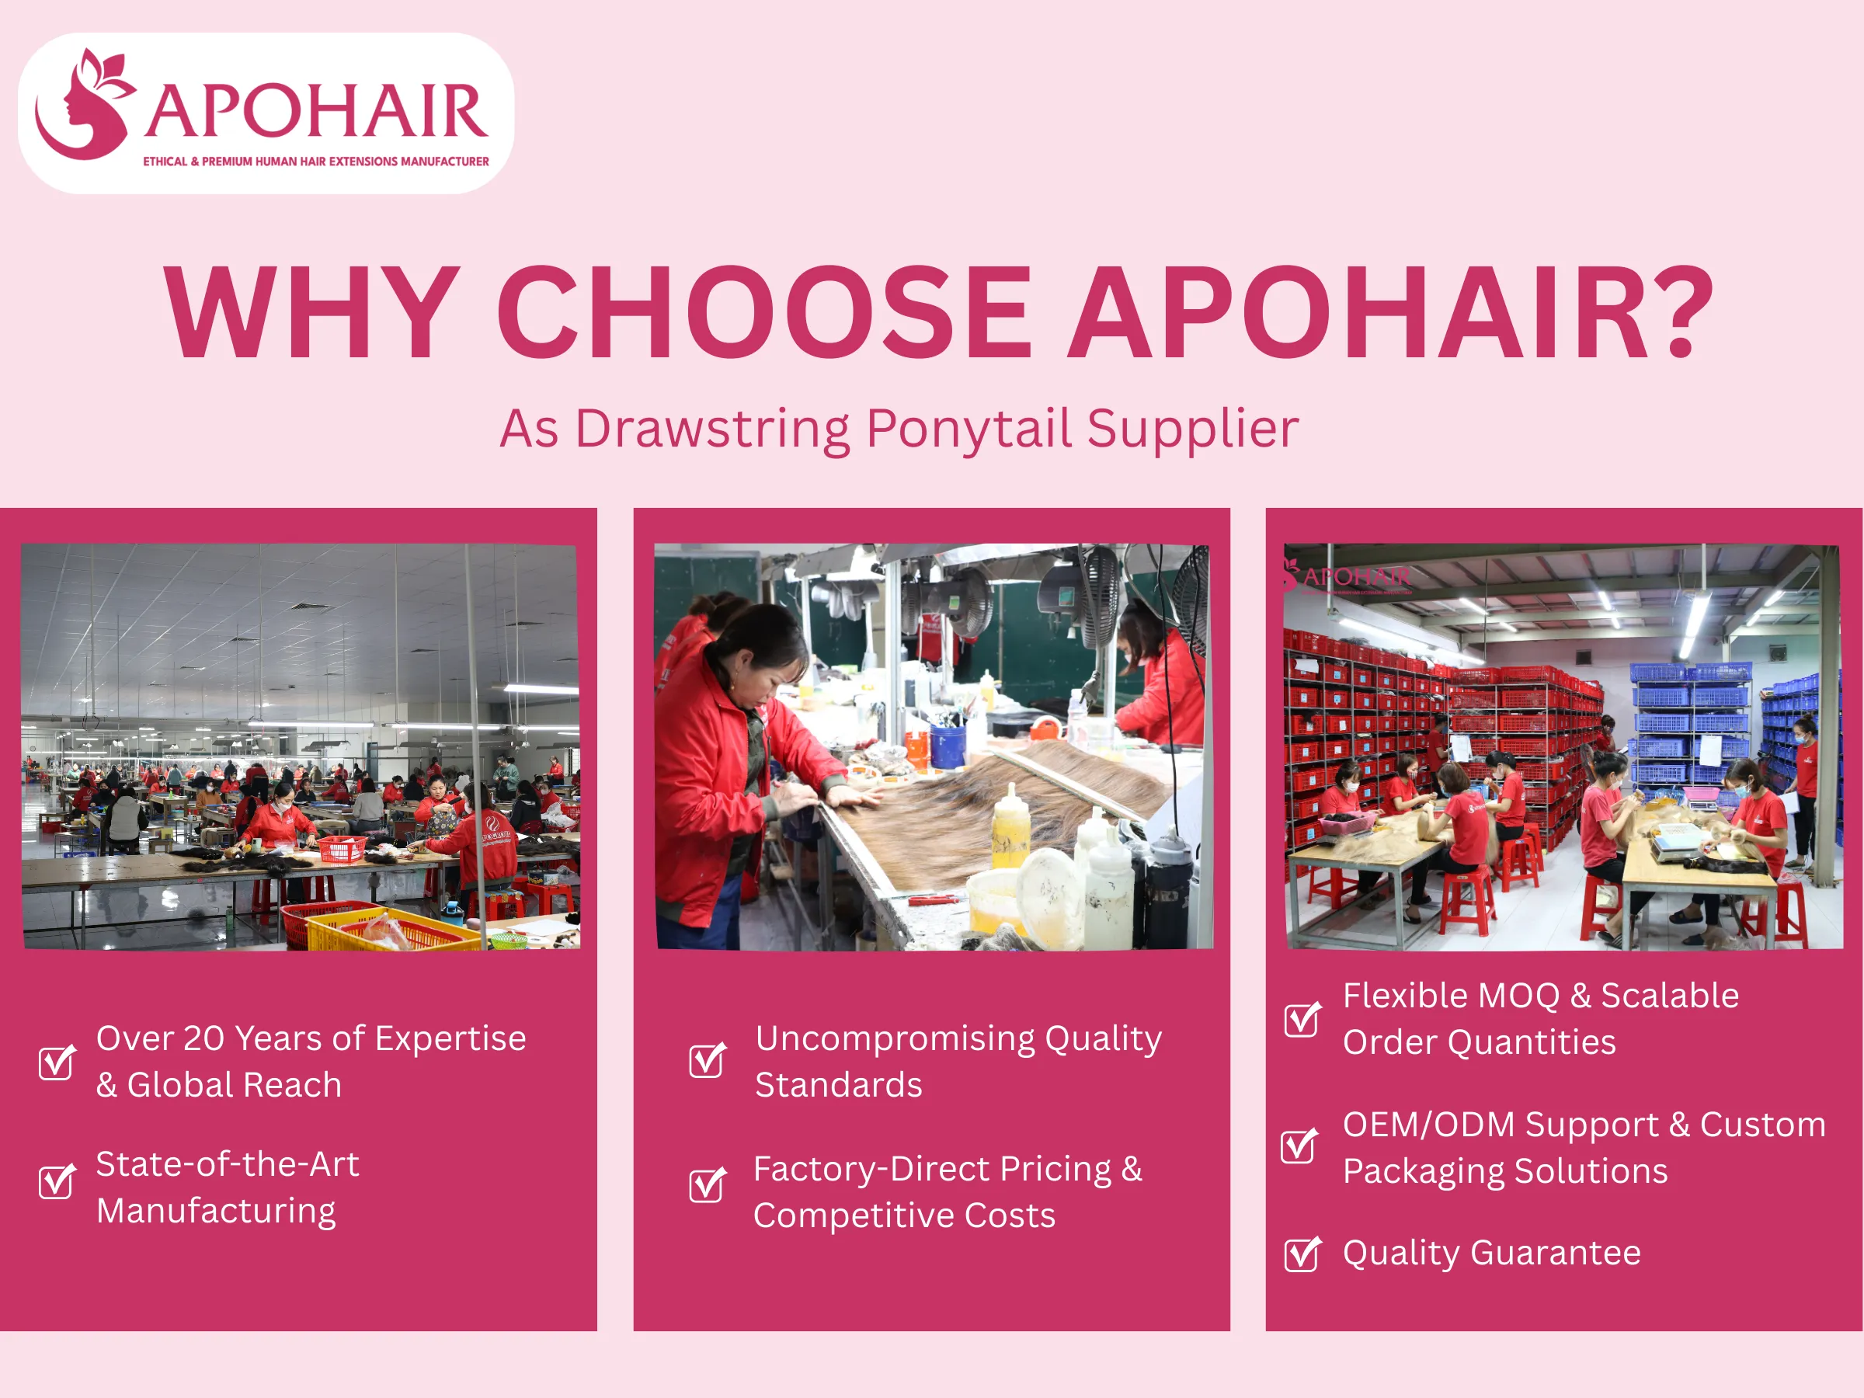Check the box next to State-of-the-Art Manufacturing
point(57,1181)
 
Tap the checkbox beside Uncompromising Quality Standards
point(706,1060)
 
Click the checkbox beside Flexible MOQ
point(1302,1020)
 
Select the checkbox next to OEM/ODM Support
point(1299,1146)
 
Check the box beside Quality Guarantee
point(1302,1254)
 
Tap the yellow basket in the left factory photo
point(388,931)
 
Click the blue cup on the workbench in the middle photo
point(948,745)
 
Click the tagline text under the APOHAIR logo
point(315,162)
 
